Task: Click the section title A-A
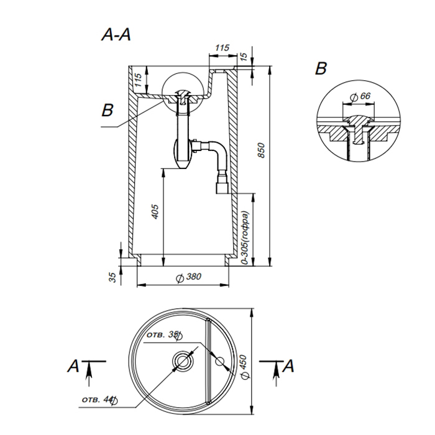coord(116,35)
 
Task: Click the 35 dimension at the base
coord(113,277)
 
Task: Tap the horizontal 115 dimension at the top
coord(222,48)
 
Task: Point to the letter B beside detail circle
coord(321,68)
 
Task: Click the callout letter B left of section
coord(108,111)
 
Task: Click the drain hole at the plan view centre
coord(183,360)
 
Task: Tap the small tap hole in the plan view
coord(219,361)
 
